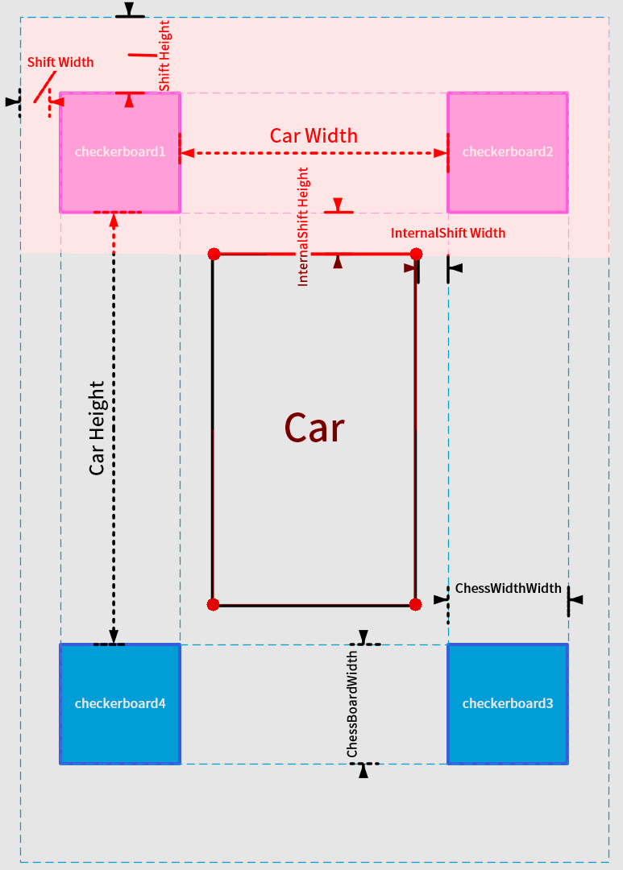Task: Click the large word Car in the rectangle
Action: pos(314,429)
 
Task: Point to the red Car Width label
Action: pos(314,135)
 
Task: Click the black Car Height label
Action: pos(98,428)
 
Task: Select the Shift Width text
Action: pos(60,62)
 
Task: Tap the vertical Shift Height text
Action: pos(164,56)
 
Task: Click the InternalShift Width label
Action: pos(448,233)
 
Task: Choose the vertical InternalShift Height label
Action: pos(304,227)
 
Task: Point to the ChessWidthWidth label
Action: pos(508,588)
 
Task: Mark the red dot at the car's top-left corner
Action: pos(214,255)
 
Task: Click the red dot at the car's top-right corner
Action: pos(416,255)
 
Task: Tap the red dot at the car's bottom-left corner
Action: pos(214,604)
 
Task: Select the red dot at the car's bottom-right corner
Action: pos(416,604)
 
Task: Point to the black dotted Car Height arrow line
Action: pos(114,338)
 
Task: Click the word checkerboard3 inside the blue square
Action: pos(508,703)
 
